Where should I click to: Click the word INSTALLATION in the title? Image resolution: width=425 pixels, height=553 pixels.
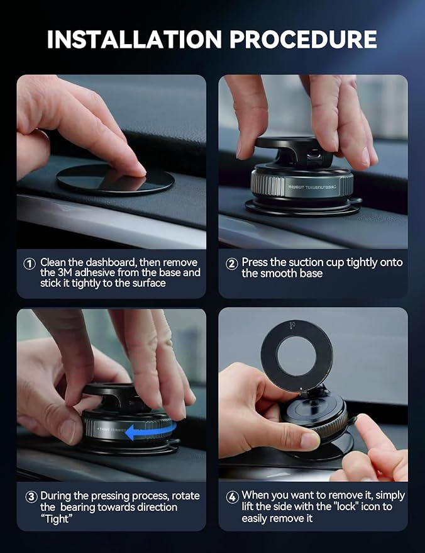pyautogui.click(x=135, y=39)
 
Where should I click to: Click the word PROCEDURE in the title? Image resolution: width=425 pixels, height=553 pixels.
pyautogui.click(x=303, y=39)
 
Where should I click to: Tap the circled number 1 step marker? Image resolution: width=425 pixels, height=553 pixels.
pyautogui.click(x=29, y=264)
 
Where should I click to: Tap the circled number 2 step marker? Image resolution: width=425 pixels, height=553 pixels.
pyautogui.click(x=231, y=264)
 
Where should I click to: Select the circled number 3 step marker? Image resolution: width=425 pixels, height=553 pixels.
pyautogui.click(x=31, y=496)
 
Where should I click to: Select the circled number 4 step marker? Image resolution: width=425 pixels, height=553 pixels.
pyautogui.click(x=231, y=496)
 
